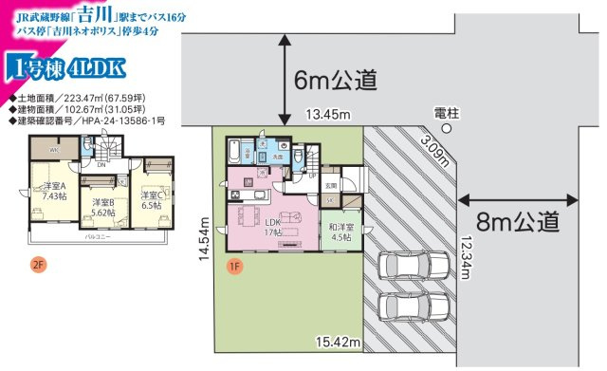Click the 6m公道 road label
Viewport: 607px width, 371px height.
click(337, 80)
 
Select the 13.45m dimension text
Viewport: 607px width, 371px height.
click(327, 116)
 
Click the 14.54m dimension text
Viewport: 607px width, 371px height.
click(217, 244)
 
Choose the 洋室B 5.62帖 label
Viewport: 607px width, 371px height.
click(102, 208)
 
